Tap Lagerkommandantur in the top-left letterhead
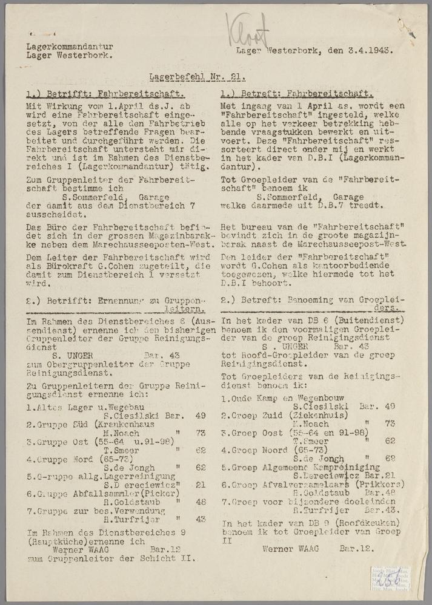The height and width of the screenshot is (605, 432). pyautogui.click(x=70, y=46)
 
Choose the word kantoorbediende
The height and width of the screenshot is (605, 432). pyautogui.click(x=310, y=265)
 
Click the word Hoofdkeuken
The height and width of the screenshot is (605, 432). pyautogui.click(x=336, y=532)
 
